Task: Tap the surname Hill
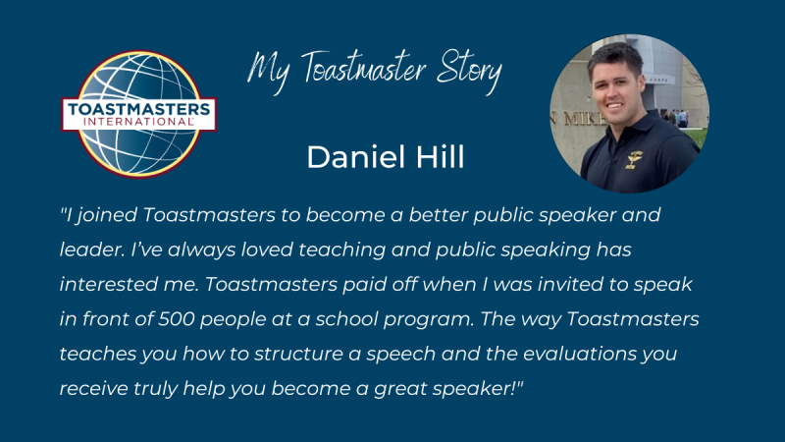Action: pyautogui.click(x=440, y=157)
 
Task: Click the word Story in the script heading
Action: pyautogui.click(x=469, y=70)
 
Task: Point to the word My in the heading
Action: pyautogui.click(x=269, y=71)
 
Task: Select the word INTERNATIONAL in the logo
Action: pyautogui.click(x=138, y=121)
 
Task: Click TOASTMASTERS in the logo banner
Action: pyautogui.click(x=138, y=109)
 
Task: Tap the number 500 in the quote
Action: pyautogui.click(x=177, y=318)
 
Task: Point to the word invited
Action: pyautogui.click(x=571, y=284)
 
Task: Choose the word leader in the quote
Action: pyautogui.click(x=92, y=249)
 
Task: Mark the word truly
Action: pyautogui.click(x=155, y=389)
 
